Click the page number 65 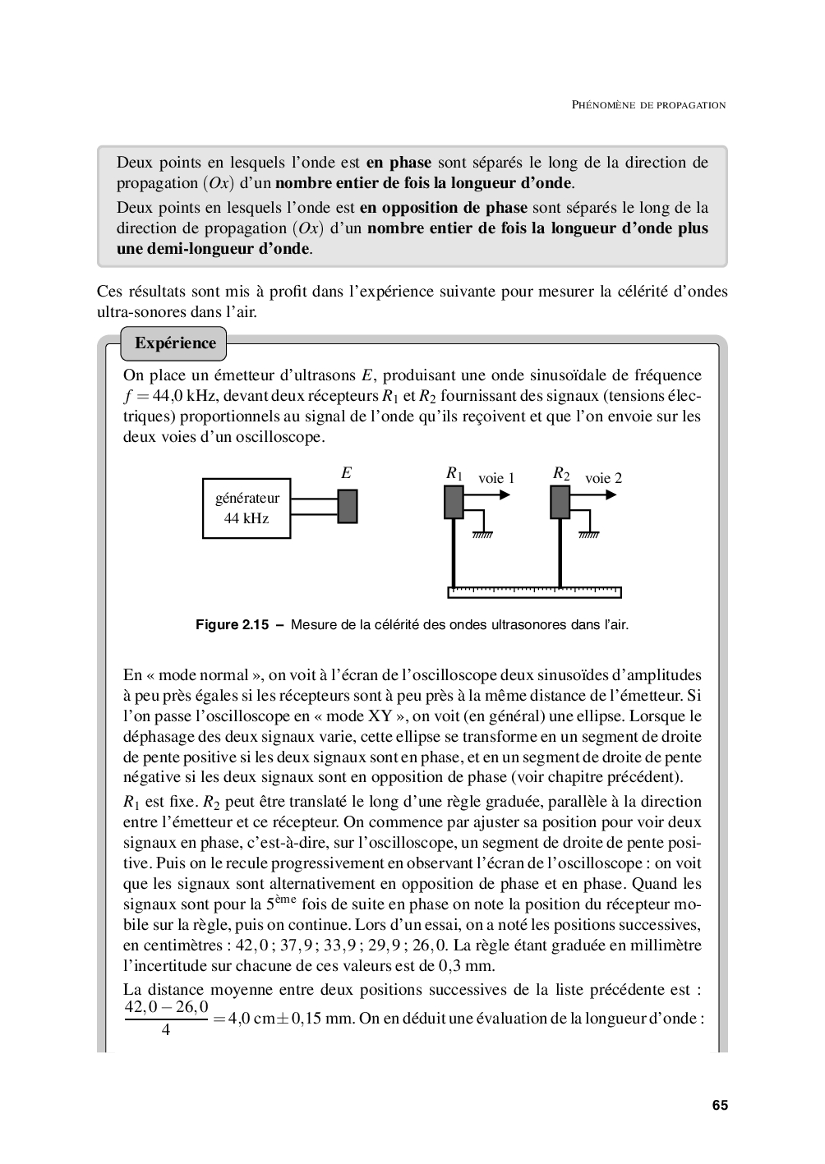[720, 1106]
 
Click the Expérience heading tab [175, 343]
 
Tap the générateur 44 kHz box [247, 508]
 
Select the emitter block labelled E [348, 506]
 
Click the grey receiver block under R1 [454, 502]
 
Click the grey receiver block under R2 [560, 502]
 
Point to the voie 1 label [496, 478]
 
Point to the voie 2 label [603, 478]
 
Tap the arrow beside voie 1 [489, 495]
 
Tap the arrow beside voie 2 [596, 495]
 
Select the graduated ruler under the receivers [535, 592]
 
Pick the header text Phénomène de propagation [648, 105]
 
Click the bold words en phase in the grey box [399, 162]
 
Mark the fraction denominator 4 [166, 1029]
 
